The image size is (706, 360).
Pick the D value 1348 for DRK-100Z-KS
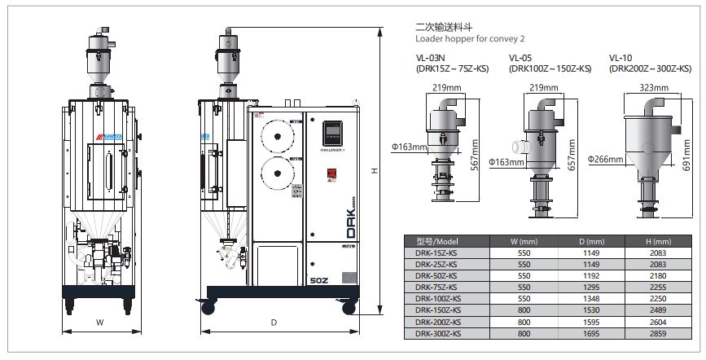point(590,298)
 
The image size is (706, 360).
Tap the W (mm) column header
point(524,241)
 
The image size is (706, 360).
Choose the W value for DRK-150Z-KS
point(524,310)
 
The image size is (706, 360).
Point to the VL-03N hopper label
point(430,58)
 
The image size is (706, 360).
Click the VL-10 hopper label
point(620,58)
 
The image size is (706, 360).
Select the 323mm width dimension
point(656,86)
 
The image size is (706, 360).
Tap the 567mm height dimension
point(475,151)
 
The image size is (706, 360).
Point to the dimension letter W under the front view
point(100,323)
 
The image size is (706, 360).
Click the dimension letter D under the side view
point(274,323)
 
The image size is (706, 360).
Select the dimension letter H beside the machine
point(375,171)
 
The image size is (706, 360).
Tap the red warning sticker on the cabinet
point(332,172)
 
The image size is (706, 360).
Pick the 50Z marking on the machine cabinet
point(319,279)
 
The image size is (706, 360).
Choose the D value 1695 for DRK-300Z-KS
point(590,332)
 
